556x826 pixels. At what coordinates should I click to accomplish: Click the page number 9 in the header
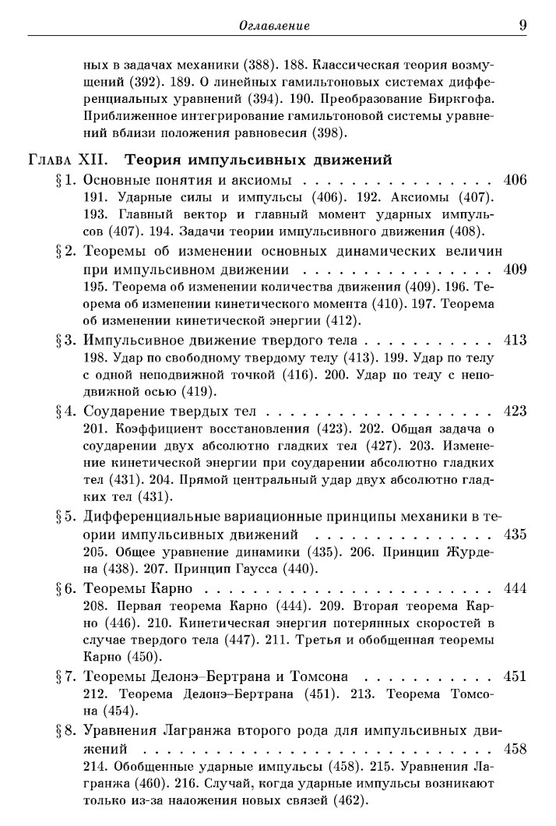pyautogui.click(x=523, y=26)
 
